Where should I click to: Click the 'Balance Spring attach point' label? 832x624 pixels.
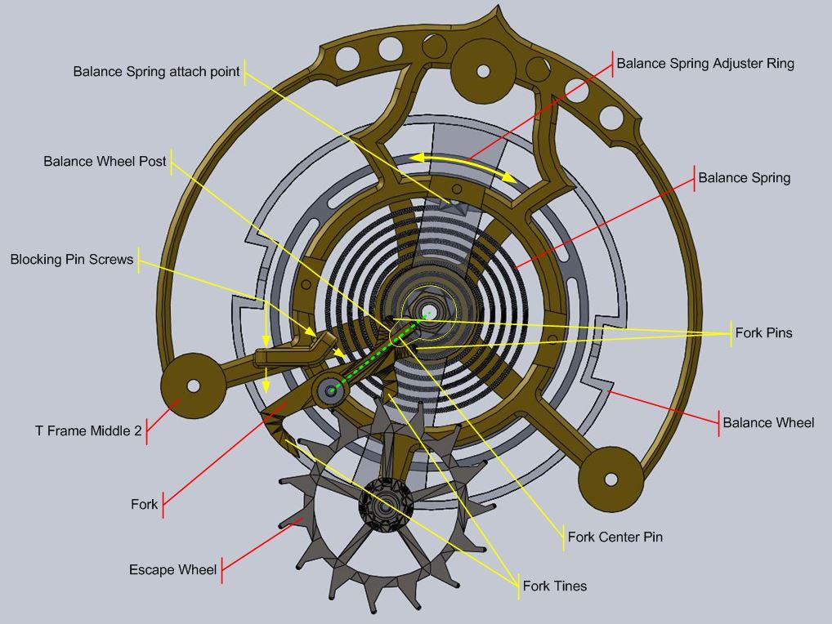tap(156, 72)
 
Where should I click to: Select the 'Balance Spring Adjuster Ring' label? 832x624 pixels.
tap(705, 63)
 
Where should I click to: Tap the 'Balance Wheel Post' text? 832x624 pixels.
tap(105, 162)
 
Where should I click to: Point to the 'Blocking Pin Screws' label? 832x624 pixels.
tap(71, 260)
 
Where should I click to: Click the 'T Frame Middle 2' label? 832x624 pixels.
tap(88, 430)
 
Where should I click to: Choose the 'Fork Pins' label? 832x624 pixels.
tap(763, 332)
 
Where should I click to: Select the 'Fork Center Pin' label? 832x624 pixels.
tap(615, 537)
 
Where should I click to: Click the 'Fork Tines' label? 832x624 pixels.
tap(554, 586)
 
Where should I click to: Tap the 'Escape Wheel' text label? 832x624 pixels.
tap(172, 569)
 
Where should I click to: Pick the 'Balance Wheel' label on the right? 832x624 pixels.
tap(767, 422)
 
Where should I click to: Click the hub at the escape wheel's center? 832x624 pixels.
tap(384, 506)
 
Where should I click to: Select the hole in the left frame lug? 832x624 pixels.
tap(194, 386)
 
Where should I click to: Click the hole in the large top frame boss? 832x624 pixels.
tap(482, 72)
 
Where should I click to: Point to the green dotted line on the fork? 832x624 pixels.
tap(376, 355)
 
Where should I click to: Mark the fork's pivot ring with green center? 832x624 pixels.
tap(331, 391)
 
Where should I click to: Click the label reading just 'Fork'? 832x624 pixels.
tap(144, 504)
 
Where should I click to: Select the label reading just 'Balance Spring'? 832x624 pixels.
tap(744, 177)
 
